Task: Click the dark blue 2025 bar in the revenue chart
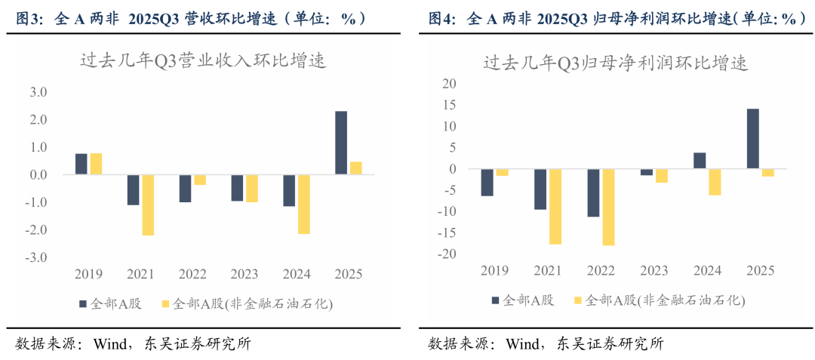point(341,143)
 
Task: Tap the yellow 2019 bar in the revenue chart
point(96,164)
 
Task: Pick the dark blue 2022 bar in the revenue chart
point(185,188)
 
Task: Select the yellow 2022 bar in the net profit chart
point(608,207)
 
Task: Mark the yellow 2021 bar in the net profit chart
point(555,206)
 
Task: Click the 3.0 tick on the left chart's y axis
point(38,93)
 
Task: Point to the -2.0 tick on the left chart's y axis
point(37,229)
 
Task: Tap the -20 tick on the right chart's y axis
point(448,254)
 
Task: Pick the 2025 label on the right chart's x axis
point(760,270)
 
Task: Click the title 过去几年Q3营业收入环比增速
point(203,62)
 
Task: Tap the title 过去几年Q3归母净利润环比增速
point(615,64)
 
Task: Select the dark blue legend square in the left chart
point(83,304)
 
